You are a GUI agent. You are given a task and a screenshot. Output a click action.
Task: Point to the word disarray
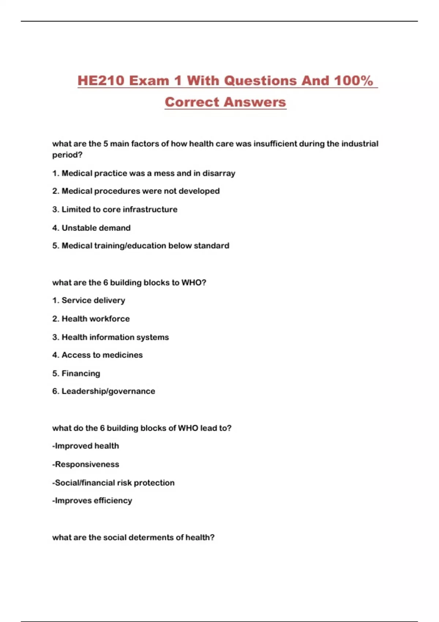coord(219,173)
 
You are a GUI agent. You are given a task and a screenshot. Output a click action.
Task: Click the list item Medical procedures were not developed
coord(140,191)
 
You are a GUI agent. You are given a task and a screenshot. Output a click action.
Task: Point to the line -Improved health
coord(86,446)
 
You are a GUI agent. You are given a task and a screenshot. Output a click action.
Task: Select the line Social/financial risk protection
coord(113,483)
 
